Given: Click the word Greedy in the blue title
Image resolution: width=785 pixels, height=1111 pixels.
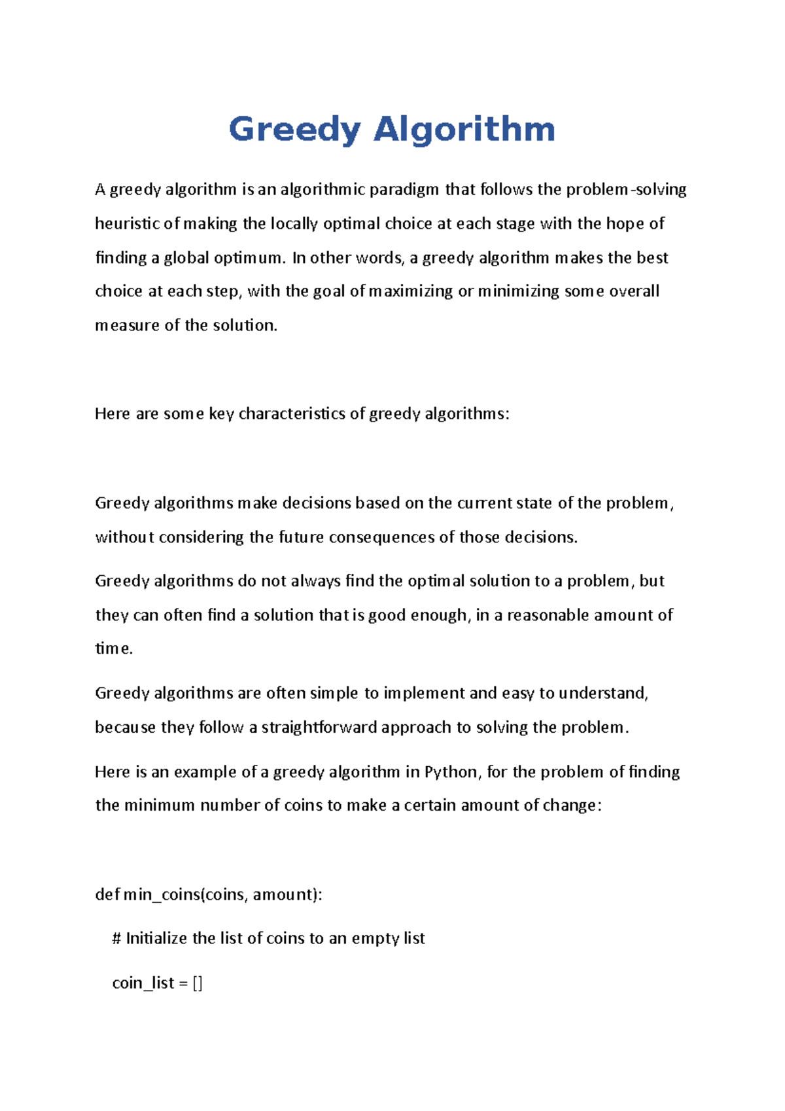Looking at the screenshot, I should pyautogui.click(x=294, y=130).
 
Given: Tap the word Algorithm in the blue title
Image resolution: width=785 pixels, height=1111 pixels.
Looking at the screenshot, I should pyautogui.click(x=464, y=130).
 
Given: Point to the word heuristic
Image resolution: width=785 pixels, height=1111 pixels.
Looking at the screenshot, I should pyautogui.click(x=128, y=224).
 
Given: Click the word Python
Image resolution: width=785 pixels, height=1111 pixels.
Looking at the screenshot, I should pyautogui.click(x=451, y=772).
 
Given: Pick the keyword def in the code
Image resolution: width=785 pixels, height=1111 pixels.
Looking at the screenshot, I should pyautogui.click(x=107, y=894).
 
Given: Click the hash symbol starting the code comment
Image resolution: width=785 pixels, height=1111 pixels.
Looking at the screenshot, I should pyautogui.click(x=117, y=939).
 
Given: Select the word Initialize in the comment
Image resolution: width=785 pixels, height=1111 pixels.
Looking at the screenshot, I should pyautogui.click(x=156, y=939).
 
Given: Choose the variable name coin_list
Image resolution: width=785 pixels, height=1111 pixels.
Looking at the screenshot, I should pyautogui.click(x=143, y=983).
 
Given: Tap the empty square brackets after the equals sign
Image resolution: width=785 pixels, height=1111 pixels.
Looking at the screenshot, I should pyautogui.click(x=198, y=983).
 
